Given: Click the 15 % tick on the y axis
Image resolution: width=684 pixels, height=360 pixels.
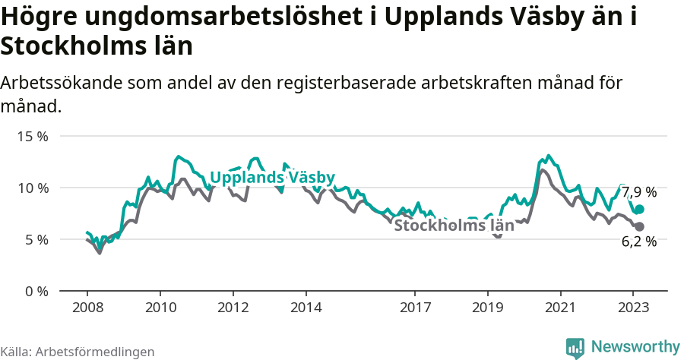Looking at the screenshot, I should pyautogui.click(x=33, y=137).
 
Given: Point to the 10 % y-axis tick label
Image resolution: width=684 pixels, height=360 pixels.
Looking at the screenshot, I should pyautogui.click(x=33, y=188).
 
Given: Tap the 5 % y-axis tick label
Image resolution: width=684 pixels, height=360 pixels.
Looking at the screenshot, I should pyautogui.click(x=36, y=240).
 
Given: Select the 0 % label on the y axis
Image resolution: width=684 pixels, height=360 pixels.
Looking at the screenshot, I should pyautogui.click(x=36, y=292).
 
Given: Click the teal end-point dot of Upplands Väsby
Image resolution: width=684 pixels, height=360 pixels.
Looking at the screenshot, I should pyautogui.click(x=639, y=209).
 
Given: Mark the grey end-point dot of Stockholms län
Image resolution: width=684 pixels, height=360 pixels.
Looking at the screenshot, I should pyautogui.click(x=639, y=226).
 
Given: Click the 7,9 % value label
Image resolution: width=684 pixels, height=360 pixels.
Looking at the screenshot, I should pyautogui.click(x=639, y=192).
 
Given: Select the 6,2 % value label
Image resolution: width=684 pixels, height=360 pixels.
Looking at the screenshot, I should pyautogui.click(x=639, y=242).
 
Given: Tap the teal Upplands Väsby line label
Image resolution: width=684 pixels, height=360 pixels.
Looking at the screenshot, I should pyautogui.click(x=272, y=178).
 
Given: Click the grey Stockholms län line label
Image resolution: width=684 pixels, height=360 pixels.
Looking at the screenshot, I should pyautogui.click(x=454, y=226).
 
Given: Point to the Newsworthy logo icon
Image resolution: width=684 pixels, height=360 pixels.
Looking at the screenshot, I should pyautogui.click(x=576, y=348).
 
